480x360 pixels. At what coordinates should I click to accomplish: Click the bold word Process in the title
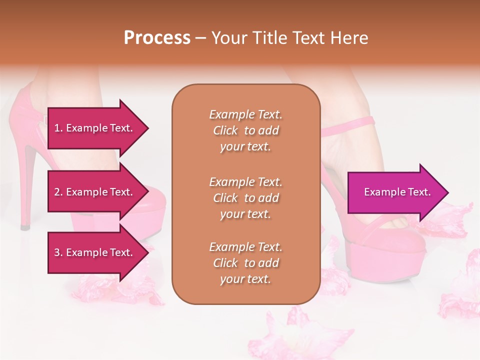pyautogui.click(x=157, y=38)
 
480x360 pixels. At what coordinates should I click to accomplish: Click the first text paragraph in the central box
pyautogui.click(x=245, y=130)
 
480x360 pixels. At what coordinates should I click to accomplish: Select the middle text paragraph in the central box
pyautogui.click(x=245, y=198)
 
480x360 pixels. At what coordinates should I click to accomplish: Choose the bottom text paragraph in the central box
pyautogui.click(x=245, y=263)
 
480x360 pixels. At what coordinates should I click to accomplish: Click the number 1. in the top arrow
pyautogui.click(x=58, y=128)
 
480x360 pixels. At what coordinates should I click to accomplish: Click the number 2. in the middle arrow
pyautogui.click(x=58, y=192)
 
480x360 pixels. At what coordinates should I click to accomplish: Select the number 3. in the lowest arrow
pyautogui.click(x=58, y=253)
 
